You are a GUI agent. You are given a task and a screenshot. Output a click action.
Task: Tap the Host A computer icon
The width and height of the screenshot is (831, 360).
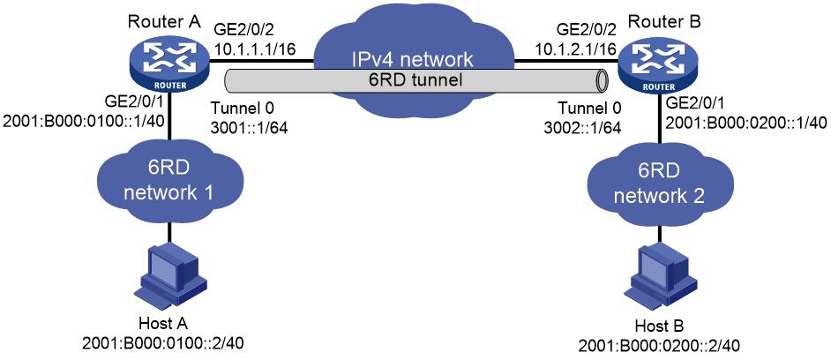168,274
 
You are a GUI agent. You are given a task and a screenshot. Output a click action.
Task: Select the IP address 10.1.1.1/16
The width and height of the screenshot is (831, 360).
255,49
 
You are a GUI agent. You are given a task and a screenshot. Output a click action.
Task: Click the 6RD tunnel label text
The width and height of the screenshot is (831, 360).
415,80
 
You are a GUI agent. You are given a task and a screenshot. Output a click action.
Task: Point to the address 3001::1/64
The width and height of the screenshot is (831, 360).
250,128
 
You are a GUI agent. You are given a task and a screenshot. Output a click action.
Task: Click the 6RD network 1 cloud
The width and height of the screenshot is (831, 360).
168,180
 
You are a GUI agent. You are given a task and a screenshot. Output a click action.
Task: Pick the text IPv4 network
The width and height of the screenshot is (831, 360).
415,57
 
